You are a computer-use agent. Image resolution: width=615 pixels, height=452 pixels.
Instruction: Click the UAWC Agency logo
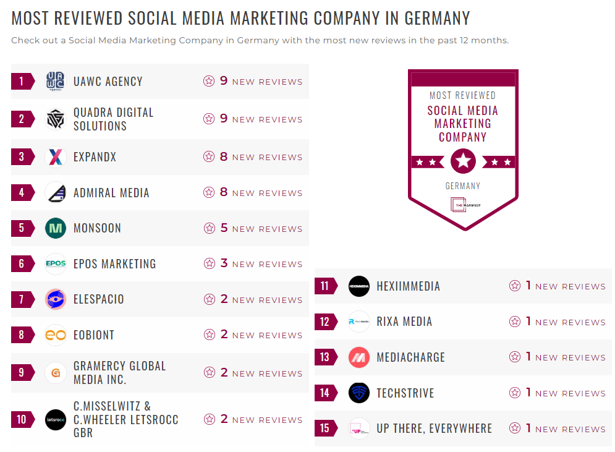click(x=55, y=82)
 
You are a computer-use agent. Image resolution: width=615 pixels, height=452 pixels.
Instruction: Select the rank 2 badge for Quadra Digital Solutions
click(x=22, y=119)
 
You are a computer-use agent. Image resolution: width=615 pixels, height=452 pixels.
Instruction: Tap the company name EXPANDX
click(x=95, y=157)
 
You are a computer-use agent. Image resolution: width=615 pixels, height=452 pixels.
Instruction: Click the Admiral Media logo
click(x=55, y=193)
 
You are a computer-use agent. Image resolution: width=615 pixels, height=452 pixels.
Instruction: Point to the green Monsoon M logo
click(x=55, y=228)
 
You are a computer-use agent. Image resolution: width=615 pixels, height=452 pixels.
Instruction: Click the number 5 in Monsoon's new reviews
click(x=224, y=228)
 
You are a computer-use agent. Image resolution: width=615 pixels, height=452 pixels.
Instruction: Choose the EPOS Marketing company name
click(x=114, y=264)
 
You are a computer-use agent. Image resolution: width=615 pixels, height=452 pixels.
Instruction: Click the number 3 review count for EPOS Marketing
click(x=224, y=263)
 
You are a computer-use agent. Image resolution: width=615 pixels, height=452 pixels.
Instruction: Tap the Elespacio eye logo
click(x=55, y=299)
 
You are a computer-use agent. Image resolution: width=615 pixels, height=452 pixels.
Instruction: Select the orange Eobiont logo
click(x=55, y=335)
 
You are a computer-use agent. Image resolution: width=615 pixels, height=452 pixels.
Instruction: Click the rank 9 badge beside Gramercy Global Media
click(x=22, y=372)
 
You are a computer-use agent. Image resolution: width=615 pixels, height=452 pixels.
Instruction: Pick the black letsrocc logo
click(x=55, y=420)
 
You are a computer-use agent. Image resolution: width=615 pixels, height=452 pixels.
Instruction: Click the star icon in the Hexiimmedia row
click(x=514, y=286)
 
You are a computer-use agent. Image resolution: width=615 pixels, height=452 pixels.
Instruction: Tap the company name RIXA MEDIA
click(x=404, y=322)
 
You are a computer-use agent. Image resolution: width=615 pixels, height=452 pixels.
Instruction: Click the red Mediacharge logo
click(x=358, y=357)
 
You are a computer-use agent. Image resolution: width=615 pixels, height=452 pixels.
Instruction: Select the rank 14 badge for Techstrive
click(x=326, y=393)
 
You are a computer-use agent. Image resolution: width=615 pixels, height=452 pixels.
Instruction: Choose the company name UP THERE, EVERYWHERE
click(x=434, y=429)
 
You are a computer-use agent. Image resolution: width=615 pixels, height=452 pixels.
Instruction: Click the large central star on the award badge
click(x=463, y=161)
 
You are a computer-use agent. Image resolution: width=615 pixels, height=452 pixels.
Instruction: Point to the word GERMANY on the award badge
click(x=462, y=186)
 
